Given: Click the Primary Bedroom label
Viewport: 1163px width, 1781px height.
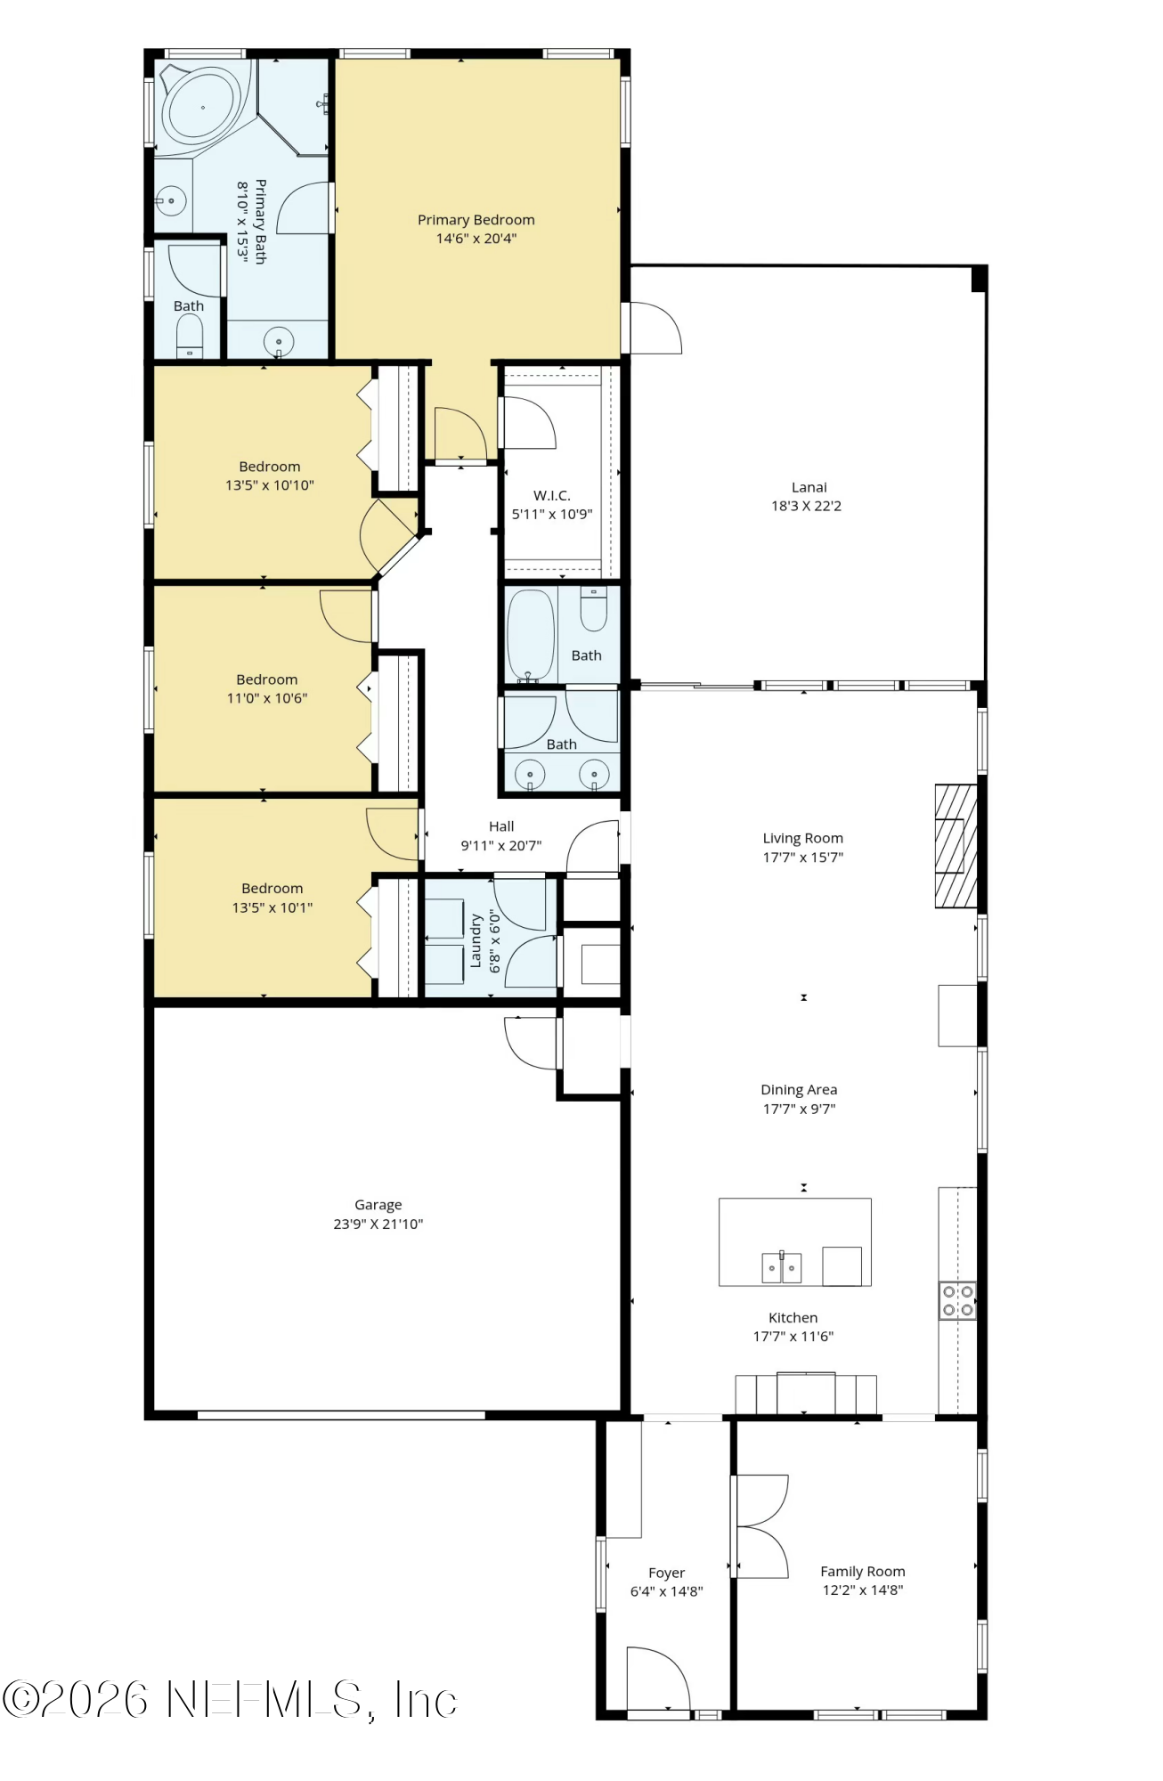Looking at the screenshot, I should [476, 220].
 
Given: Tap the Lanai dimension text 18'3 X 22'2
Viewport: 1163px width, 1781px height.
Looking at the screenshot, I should [806, 506].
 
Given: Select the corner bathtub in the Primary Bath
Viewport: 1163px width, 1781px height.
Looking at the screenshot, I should [202, 107].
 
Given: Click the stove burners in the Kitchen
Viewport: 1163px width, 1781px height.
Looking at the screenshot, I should [957, 1300].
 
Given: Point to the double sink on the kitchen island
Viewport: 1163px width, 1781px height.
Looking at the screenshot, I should [781, 1267].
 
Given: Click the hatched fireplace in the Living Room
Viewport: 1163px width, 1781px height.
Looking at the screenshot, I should [956, 846].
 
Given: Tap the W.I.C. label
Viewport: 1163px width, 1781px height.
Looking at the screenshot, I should [551, 495].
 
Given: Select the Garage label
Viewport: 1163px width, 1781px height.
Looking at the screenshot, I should [378, 1205].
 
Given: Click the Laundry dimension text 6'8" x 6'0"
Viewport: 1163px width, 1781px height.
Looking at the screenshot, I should [495, 940].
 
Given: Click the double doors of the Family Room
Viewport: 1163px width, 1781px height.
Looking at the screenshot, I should [761, 1526].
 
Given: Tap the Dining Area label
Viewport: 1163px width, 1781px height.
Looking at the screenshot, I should [798, 1089].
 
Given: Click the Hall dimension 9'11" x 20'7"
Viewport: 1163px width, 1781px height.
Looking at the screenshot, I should [500, 845].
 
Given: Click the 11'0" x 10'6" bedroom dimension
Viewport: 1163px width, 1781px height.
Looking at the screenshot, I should [266, 698].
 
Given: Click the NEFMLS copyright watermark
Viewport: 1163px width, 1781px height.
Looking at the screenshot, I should [230, 1700].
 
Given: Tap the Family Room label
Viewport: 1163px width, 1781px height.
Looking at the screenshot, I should [862, 1571].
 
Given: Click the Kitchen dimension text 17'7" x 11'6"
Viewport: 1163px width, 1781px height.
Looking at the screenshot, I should [793, 1336].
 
